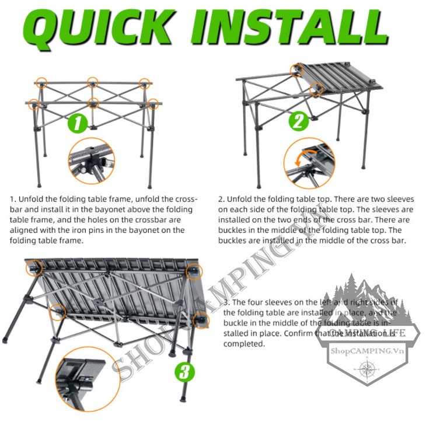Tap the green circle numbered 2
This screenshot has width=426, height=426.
(x=299, y=122)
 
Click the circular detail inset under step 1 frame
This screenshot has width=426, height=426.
(x=91, y=161)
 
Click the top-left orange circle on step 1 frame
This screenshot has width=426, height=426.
(x=41, y=83)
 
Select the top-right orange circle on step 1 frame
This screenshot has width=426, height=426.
(x=144, y=84)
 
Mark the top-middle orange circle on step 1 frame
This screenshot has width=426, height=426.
(x=92, y=82)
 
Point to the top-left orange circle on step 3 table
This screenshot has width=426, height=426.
(x=33, y=268)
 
